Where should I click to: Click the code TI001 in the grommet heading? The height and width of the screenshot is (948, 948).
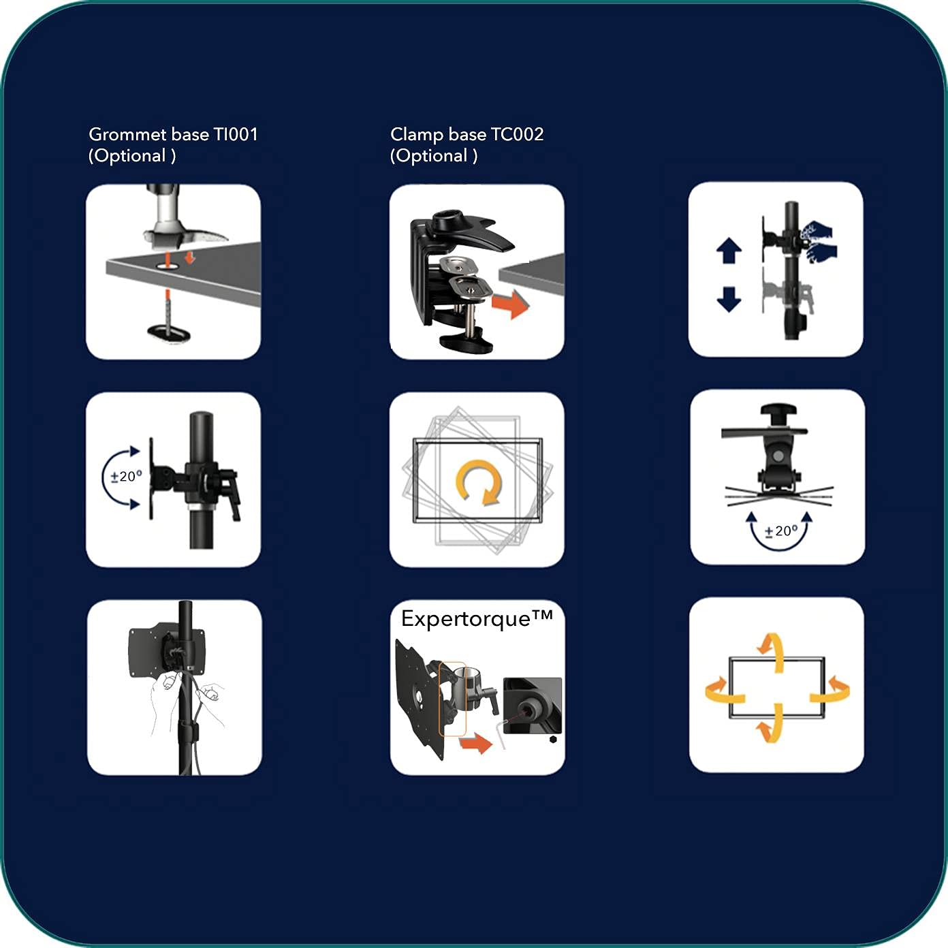[235, 134]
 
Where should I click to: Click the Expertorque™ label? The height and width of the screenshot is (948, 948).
[477, 619]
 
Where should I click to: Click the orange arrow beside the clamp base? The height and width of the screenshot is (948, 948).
[511, 304]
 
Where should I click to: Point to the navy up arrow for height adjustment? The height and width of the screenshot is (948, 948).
[729, 251]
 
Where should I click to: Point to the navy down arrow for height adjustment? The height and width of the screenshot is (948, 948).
[729, 300]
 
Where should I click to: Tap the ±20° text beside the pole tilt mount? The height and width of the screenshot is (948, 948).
[126, 476]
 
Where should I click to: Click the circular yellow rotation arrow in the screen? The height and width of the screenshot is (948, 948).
[478, 482]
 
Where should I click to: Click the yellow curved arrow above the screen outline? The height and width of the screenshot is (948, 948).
[771, 652]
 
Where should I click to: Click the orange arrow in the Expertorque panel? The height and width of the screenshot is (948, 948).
[476, 743]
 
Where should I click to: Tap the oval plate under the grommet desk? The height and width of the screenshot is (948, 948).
[169, 332]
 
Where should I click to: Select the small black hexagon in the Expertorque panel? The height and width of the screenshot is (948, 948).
[553, 740]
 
